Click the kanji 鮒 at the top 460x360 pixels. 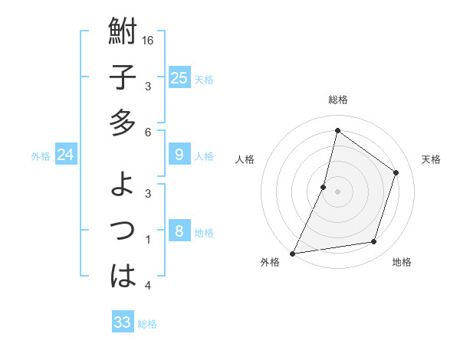click(123, 33)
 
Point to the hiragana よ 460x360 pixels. click(123, 185)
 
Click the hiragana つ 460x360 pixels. click(123, 231)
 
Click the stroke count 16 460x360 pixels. click(149, 40)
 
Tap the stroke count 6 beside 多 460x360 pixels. click(149, 133)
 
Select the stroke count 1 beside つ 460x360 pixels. click(149, 240)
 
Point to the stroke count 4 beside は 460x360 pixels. click(149, 286)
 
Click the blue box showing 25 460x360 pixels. click(179, 77)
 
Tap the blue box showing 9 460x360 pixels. click(179, 155)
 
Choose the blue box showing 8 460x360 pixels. click(179, 231)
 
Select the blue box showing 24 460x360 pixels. click(65, 155)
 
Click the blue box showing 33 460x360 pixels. click(123, 322)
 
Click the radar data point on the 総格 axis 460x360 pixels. click(337, 130)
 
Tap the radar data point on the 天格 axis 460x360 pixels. click(396, 172)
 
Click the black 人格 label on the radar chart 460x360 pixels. click(245, 159)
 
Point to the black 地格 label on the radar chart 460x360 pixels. click(402, 263)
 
